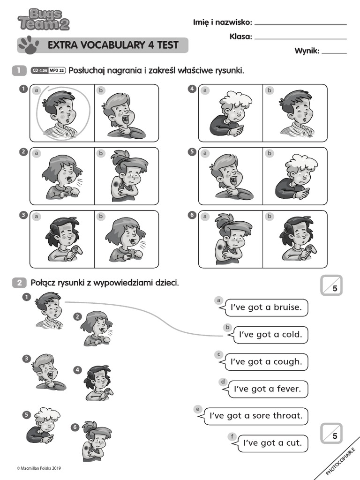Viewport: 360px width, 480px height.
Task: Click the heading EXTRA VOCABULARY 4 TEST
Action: click(112, 45)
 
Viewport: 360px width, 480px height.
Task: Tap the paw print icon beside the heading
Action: click(29, 45)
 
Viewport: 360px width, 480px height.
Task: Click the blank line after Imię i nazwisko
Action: click(300, 24)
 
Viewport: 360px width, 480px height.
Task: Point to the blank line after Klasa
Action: click(300, 38)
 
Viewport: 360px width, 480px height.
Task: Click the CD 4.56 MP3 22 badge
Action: click(48, 71)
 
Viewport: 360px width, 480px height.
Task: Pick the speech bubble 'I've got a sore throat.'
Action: click(256, 416)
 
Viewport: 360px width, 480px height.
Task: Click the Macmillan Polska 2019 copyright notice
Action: click(39, 468)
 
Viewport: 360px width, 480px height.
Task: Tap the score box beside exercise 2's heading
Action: click(332, 285)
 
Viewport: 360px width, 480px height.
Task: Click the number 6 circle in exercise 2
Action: click(75, 427)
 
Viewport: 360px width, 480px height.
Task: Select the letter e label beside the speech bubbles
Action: click(198, 409)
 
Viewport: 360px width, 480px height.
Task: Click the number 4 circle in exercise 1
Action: click(192, 88)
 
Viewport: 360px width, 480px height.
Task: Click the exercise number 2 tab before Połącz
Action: click(19, 283)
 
